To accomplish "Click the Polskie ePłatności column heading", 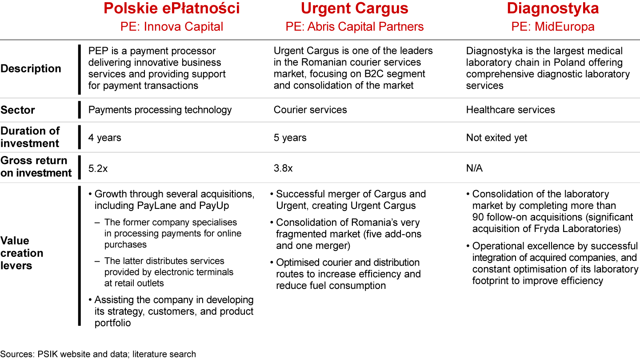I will [172, 9].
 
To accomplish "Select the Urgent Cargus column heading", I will [354, 9].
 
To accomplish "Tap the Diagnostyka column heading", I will [552, 9].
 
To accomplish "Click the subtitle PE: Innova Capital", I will [172, 27].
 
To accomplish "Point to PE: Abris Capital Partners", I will [354, 27].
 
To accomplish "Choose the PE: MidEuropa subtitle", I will [552, 27].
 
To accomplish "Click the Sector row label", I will [18, 110].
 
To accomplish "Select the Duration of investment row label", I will [30, 137].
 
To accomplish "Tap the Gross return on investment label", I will [36, 167].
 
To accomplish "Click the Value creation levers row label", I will [22, 253].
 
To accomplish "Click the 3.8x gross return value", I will [283, 168].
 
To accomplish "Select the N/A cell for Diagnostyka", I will [474, 168].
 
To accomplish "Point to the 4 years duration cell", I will [104, 138].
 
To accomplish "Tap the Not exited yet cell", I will [496, 138].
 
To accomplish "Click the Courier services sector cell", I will [310, 110].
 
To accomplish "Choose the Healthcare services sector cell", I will [510, 110].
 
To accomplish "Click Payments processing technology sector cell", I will [160, 110].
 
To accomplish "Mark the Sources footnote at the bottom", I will [98, 354].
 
